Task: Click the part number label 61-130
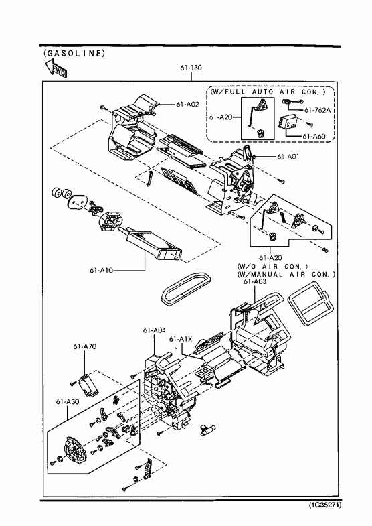click(x=191, y=68)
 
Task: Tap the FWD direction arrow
click(x=56, y=68)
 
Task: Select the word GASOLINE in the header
click(x=74, y=53)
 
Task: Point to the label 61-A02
click(x=187, y=105)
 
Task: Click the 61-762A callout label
click(x=317, y=110)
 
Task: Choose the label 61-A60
click(x=314, y=137)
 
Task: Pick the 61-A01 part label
click(x=288, y=157)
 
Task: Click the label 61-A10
click(x=101, y=270)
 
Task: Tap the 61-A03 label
click(x=255, y=282)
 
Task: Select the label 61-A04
click(x=155, y=330)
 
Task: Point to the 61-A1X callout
click(x=181, y=339)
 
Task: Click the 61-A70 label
click(x=85, y=346)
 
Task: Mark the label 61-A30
click(x=68, y=401)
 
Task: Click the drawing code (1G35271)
click(x=324, y=505)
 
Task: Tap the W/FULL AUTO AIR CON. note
click(x=268, y=92)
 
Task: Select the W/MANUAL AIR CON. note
click(x=286, y=275)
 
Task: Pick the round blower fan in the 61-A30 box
click(x=76, y=450)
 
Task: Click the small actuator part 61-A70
click(x=88, y=385)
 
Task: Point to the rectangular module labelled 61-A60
click(x=286, y=123)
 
